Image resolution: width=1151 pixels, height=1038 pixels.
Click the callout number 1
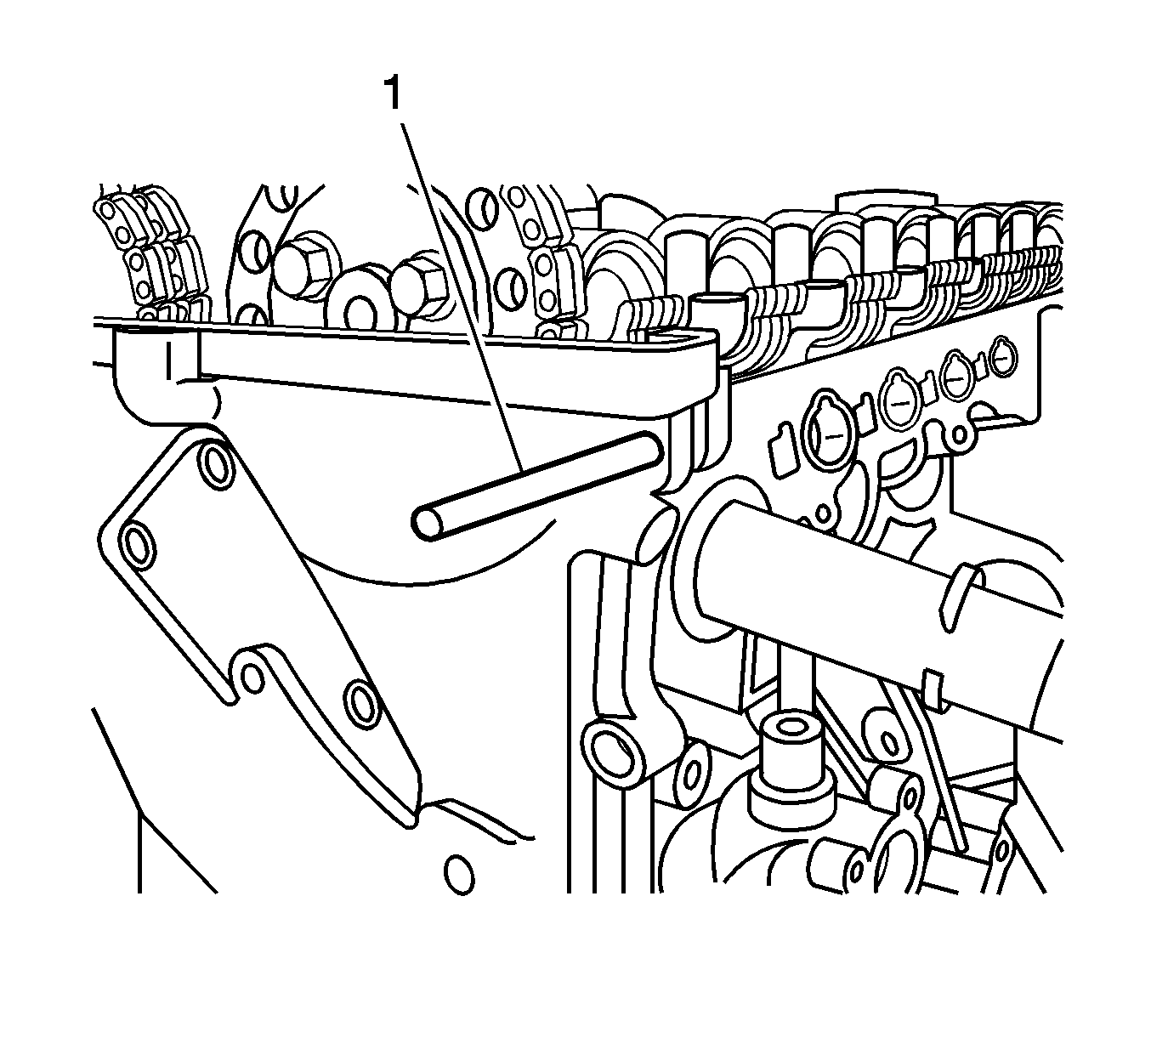(x=394, y=94)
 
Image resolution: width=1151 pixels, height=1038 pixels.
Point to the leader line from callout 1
(x=462, y=298)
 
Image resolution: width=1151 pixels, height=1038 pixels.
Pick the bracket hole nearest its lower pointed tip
(x=363, y=705)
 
